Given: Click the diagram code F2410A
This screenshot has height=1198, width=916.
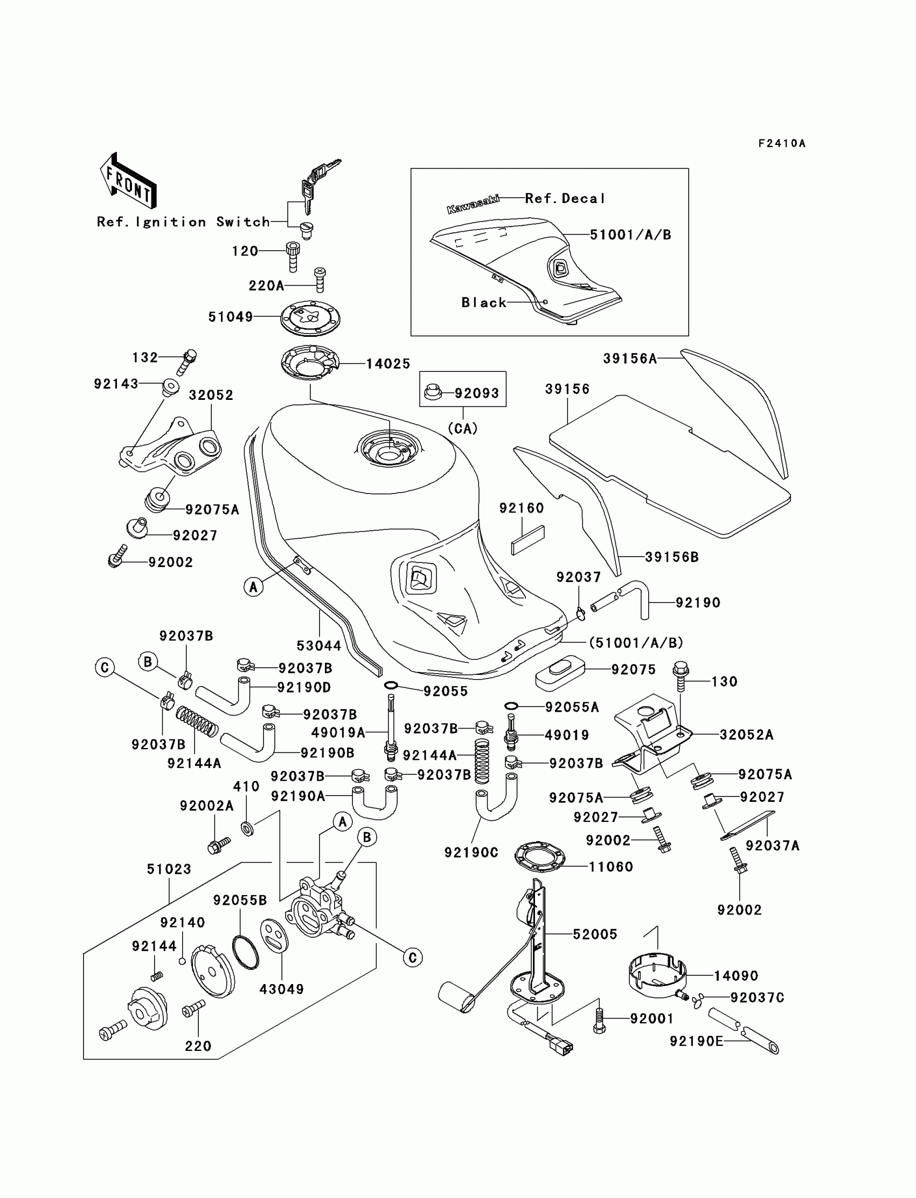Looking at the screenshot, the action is tap(782, 143).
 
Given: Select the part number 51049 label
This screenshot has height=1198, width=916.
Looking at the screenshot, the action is tap(231, 317).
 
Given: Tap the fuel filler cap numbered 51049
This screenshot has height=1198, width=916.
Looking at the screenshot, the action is tap(311, 317).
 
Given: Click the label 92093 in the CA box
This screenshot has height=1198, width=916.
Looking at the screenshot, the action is tap(476, 393).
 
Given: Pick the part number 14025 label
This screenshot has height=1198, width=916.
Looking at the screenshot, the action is tap(387, 364).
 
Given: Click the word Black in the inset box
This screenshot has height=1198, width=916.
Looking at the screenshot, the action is tap(484, 303).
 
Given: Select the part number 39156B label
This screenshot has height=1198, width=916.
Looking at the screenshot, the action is tap(672, 557).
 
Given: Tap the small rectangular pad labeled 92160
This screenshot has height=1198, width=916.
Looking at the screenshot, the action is tap(528, 540).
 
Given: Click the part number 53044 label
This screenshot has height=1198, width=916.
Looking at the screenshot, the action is tap(318, 646).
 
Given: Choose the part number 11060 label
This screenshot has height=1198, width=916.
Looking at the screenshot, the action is tap(610, 867).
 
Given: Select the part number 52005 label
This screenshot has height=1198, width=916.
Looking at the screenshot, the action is tap(595, 934).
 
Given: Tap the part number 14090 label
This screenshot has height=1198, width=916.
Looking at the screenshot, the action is tap(736, 975).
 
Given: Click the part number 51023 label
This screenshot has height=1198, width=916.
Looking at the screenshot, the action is tap(169, 869).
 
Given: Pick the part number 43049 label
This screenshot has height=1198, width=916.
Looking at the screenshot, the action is tap(281, 989).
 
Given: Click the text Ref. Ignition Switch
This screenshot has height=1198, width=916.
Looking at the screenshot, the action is tap(183, 222).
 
